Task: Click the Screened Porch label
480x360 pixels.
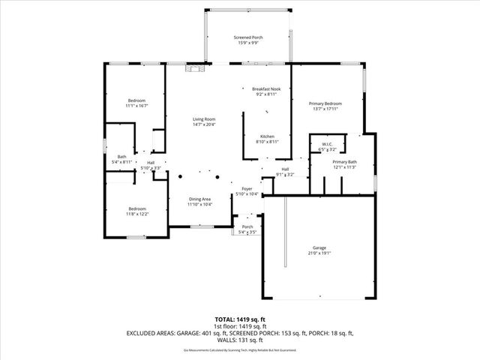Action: pyautogui.click(x=248, y=37)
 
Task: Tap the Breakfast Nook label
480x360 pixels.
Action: pyautogui.click(x=266, y=89)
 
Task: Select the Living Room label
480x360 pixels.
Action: pyautogui.click(x=204, y=119)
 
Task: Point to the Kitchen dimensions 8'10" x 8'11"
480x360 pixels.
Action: pyautogui.click(x=267, y=141)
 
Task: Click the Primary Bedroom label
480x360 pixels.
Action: pyautogui.click(x=325, y=103)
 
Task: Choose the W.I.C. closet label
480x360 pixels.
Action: pyautogui.click(x=327, y=144)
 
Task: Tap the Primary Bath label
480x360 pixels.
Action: pyautogui.click(x=345, y=162)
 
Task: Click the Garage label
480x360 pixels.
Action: pyautogui.click(x=319, y=247)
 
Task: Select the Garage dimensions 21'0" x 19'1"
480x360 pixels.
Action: pyautogui.click(x=319, y=253)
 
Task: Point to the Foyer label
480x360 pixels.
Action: pyautogui.click(x=247, y=189)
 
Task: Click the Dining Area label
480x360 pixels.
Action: pyautogui.click(x=199, y=199)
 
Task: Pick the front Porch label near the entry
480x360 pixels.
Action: pyautogui.click(x=247, y=226)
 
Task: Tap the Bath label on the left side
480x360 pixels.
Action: pyautogui.click(x=121, y=157)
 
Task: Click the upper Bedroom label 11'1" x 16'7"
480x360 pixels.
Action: pyautogui.click(x=136, y=100)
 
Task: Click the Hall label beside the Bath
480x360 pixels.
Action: pyautogui.click(x=151, y=163)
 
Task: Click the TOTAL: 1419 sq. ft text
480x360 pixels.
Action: pyautogui.click(x=239, y=319)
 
